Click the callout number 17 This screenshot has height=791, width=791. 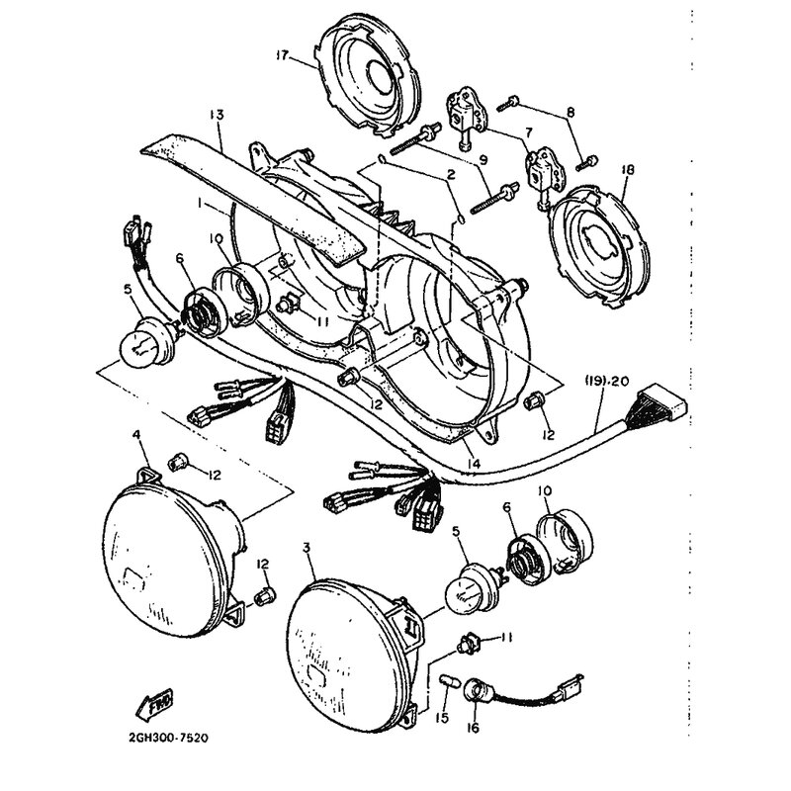tap(282, 55)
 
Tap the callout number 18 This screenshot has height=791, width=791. tap(628, 169)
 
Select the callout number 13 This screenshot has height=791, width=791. tap(217, 115)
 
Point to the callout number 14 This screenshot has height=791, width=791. tap(474, 463)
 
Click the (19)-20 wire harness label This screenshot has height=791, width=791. tap(607, 381)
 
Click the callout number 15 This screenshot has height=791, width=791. tap(442, 717)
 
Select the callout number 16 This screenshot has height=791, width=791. tap(474, 728)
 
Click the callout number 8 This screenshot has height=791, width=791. tap(571, 112)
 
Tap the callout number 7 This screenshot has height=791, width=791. tap(528, 133)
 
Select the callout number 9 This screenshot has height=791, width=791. tap(483, 160)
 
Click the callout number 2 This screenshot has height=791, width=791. tap(451, 175)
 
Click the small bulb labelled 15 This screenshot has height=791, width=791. tap(447, 683)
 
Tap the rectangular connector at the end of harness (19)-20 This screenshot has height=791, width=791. tap(662, 402)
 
